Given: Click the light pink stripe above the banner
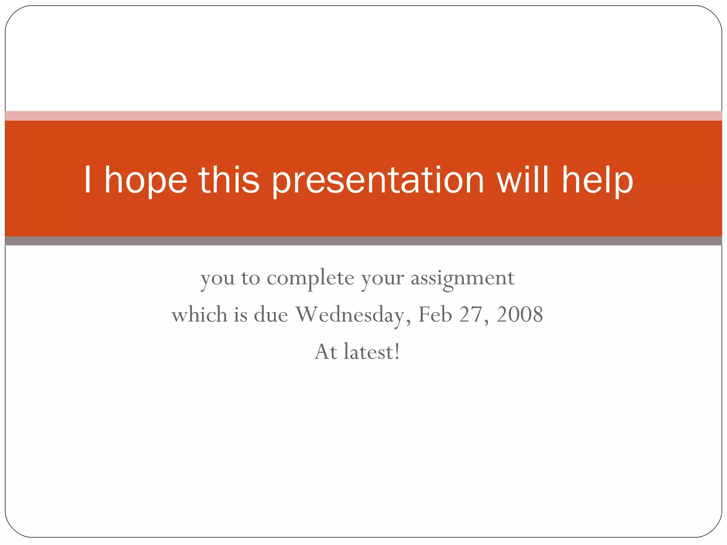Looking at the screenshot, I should click(x=363, y=116).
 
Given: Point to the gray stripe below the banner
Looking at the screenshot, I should click(x=363, y=241).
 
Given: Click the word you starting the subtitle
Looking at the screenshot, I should click(x=217, y=279).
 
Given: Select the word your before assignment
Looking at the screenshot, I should click(x=382, y=279).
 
